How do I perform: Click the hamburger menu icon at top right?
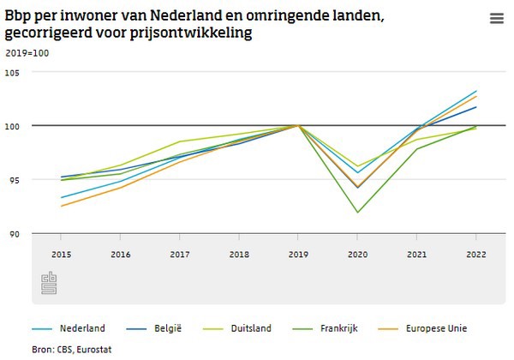point(496,19)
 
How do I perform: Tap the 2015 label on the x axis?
point(61,255)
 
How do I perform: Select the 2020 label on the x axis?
point(357,255)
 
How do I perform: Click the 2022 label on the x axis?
point(476,255)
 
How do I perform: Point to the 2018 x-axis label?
point(239,255)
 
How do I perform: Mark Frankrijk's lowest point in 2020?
point(357,212)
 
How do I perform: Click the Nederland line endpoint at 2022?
point(476,91)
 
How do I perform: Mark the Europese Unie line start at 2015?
point(61,206)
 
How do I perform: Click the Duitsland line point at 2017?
point(179,141)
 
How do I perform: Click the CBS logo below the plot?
point(49,284)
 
